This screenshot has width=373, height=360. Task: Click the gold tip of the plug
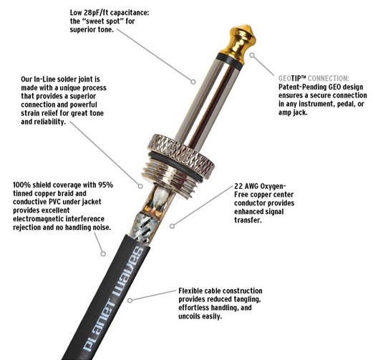point(238,40)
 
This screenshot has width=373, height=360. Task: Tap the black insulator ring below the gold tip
point(230,62)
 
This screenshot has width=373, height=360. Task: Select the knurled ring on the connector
point(181,155)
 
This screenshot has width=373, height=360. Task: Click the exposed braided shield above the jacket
point(145,228)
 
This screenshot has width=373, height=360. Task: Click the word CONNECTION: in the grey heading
point(329,78)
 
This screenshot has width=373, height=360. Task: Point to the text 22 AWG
point(246,186)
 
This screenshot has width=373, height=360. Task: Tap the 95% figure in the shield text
point(107,185)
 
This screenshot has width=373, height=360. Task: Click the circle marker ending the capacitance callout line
point(193,82)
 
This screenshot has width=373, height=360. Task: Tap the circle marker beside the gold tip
point(252,55)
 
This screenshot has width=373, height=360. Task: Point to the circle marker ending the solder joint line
point(140,186)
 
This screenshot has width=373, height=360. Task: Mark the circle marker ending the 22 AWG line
point(172,225)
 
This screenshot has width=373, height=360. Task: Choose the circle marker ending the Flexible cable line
point(130,301)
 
